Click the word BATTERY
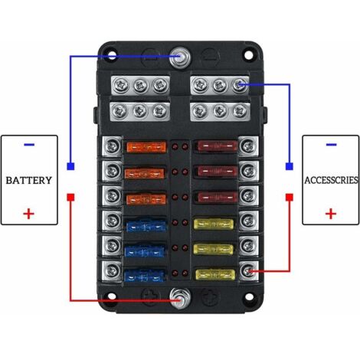coord(29,180)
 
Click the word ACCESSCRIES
coord(331,180)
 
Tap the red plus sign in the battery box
coord(29,214)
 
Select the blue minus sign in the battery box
coord(29,145)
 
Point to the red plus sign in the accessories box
coord(331,214)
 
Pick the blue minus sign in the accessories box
coord(331,145)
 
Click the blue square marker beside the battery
coord(70,166)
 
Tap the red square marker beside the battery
coord(70,198)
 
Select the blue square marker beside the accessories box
coord(290,166)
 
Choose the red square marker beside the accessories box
coord(290,198)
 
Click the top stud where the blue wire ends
coord(180,57)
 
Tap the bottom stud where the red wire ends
coord(180,299)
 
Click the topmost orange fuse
coord(146,147)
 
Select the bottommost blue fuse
coord(144,276)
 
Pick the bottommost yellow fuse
coord(215,275)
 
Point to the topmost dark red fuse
coord(217,146)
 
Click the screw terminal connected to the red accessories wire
coord(247,271)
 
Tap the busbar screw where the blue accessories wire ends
coord(240,84)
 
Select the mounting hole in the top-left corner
coord(111,55)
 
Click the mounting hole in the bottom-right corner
coord(248,296)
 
